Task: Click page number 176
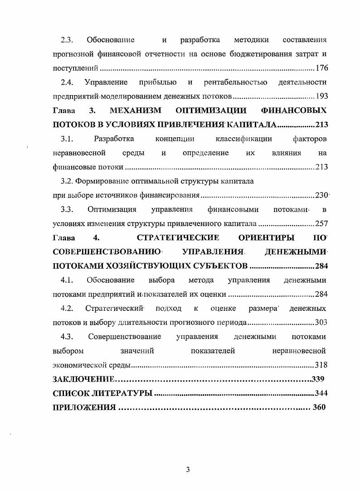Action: [x=321, y=68]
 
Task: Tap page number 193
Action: [x=321, y=96]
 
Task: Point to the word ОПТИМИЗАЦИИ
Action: [x=211, y=111]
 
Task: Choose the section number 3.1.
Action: [x=67, y=139]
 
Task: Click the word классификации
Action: [x=244, y=139]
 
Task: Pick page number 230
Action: [x=321, y=196]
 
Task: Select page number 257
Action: [x=321, y=224]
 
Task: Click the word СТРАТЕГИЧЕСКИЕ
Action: [x=178, y=238]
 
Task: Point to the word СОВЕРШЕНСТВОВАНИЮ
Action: [x=107, y=252]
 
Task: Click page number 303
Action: [x=321, y=323]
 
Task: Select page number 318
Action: [x=321, y=365]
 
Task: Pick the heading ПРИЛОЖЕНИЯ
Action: [x=84, y=407]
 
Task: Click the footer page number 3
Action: [x=188, y=469]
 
